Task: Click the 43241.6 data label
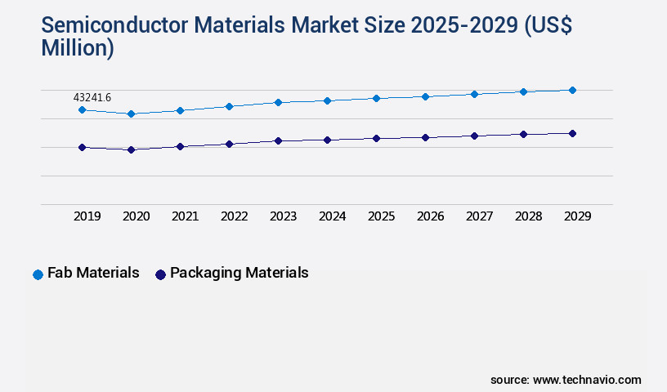92,98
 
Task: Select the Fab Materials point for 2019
82,109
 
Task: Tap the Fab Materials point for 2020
131,114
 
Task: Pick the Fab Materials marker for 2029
572,90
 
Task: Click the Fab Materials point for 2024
327,100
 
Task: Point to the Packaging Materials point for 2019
82,147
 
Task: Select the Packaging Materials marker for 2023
278,140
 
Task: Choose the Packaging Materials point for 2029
572,133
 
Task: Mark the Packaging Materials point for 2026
425,137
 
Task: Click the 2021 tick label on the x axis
185,216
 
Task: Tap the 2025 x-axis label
381,216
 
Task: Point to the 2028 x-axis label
528,216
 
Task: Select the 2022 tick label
234,216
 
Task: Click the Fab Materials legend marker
38,274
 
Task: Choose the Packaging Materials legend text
239,273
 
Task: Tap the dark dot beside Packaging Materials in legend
160,274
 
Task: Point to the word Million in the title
78,48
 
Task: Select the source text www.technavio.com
587,380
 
